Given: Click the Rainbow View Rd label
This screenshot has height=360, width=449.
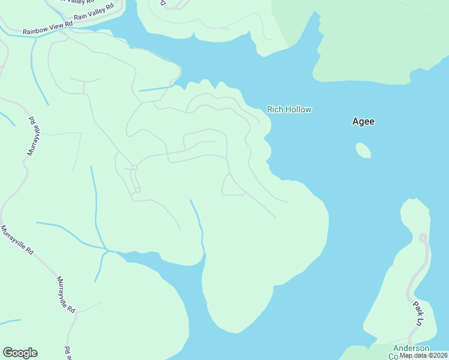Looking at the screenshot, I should (x=47, y=28).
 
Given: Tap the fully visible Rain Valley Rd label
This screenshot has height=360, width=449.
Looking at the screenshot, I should (x=94, y=14).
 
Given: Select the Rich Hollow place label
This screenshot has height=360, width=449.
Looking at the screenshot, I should (x=289, y=109).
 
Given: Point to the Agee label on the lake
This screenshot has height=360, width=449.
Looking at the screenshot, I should (x=363, y=121).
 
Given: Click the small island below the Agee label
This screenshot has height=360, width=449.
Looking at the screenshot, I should (x=363, y=150).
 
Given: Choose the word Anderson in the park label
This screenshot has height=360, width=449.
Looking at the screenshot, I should (x=411, y=348).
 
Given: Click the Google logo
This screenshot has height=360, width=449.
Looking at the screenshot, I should (x=20, y=353).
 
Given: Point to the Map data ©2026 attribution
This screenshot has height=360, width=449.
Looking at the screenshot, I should (x=423, y=355).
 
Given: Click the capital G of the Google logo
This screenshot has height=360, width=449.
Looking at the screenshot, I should (x=8, y=353).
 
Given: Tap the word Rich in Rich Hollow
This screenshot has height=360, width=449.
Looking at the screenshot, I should (x=274, y=109).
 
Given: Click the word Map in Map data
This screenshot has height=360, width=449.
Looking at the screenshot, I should (x=406, y=355).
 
